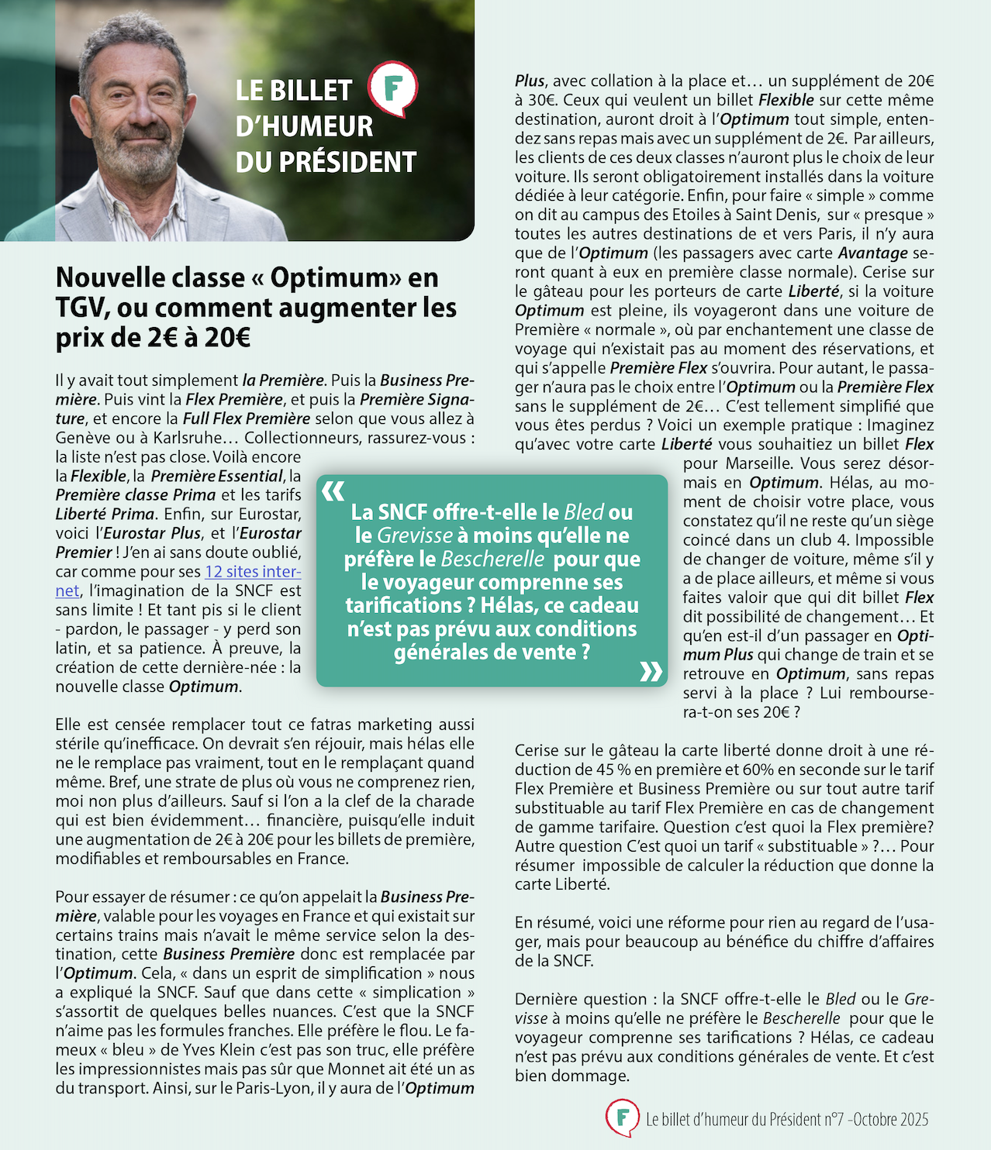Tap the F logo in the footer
click(622, 1117)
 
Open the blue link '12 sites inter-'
click(253, 572)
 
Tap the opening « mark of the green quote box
click(333, 491)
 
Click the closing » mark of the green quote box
click(651, 671)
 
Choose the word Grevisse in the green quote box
click(415, 535)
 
